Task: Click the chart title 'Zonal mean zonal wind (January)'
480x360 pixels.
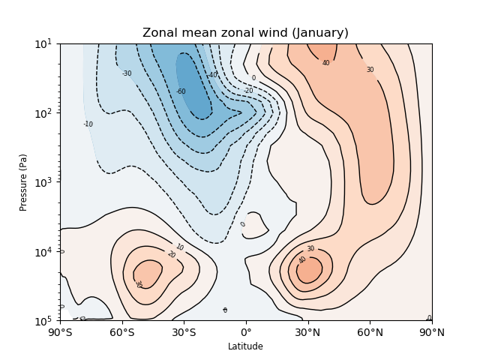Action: click(x=245, y=33)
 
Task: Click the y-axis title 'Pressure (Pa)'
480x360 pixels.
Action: click(x=23, y=182)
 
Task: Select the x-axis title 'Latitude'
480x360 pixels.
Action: click(x=245, y=346)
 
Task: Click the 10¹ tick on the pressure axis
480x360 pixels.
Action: click(x=43, y=43)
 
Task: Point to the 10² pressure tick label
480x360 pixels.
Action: click(x=43, y=113)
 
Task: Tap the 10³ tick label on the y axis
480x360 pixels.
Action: click(x=43, y=182)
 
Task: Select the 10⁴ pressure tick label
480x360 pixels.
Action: click(x=43, y=252)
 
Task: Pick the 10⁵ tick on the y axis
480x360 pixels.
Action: click(x=43, y=321)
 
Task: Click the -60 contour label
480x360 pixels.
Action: click(x=181, y=91)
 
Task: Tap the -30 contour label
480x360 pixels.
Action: click(x=127, y=73)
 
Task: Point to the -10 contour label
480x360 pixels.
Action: click(x=88, y=124)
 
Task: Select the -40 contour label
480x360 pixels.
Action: click(x=213, y=75)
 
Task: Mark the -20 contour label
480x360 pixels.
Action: click(x=248, y=91)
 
